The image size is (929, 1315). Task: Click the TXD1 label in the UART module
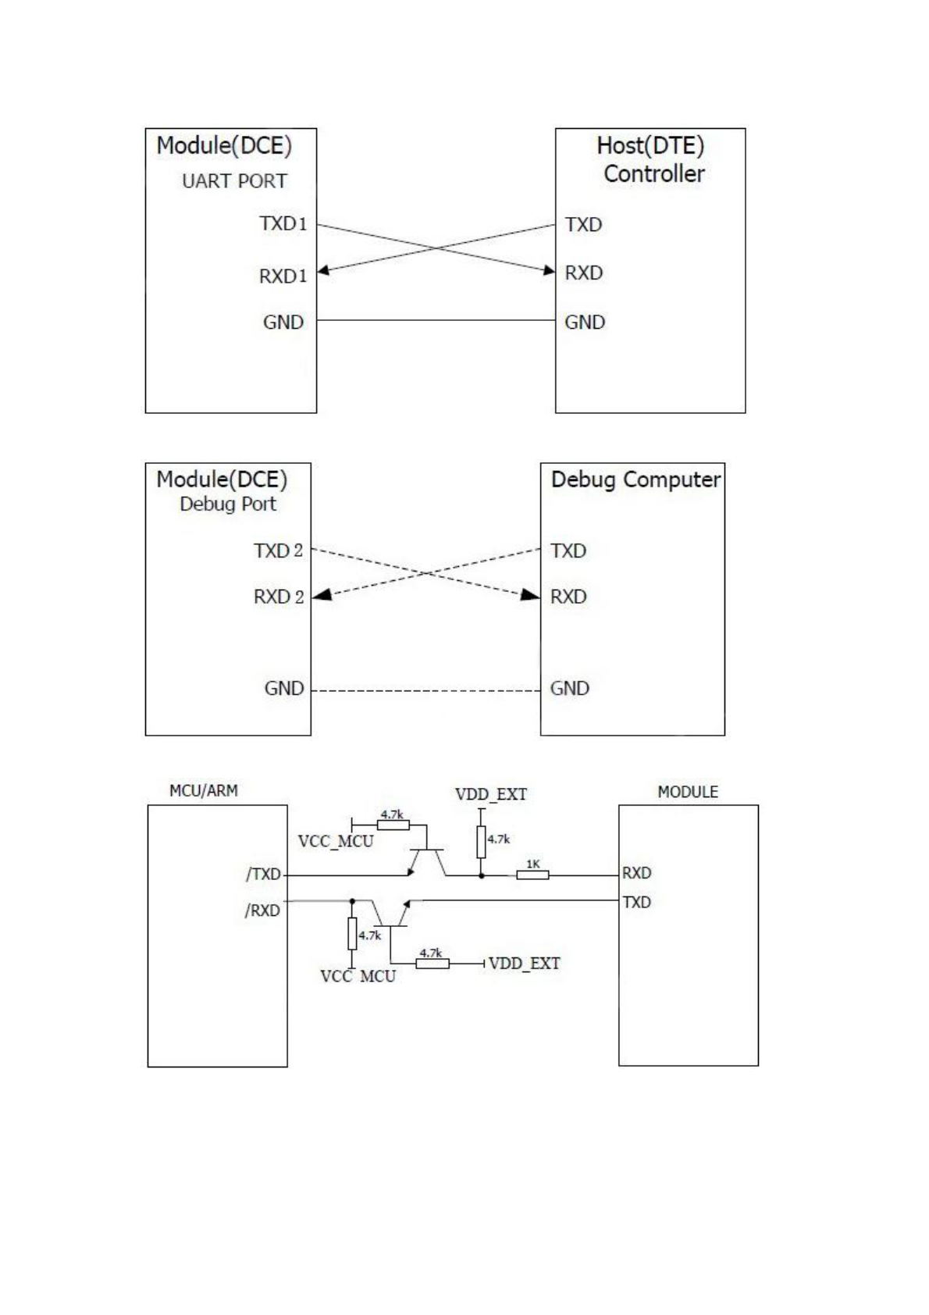[x=283, y=224]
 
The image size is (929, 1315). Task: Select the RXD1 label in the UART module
[x=283, y=276]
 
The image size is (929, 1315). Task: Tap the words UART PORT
[x=234, y=181]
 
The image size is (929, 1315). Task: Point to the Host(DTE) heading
[x=650, y=145]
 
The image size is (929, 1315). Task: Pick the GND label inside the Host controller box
[x=585, y=323]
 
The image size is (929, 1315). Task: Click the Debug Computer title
[x=635, y=479]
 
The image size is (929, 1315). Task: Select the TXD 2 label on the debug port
[x=278, y=551]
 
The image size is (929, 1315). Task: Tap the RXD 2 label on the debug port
[x=278, y=597]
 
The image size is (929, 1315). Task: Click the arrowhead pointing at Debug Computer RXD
[x=531, y=595]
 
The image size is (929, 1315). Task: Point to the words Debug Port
[x=228, y=504]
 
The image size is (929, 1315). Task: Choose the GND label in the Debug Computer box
[x=570, y=689]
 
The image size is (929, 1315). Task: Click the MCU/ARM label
[x=204, y=791]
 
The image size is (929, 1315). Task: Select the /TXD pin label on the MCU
[x=263, y=875]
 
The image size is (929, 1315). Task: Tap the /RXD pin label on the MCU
[x=262, y=911]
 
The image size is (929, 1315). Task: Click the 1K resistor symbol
[x=532, y=875]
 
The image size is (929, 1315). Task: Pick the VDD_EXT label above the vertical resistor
[x=491, y=795]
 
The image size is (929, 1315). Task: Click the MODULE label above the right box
[x=688, y=793]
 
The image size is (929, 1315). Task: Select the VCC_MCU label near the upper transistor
[x=336, y=842]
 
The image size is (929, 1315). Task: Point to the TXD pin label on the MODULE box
[x=637, y=903]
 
